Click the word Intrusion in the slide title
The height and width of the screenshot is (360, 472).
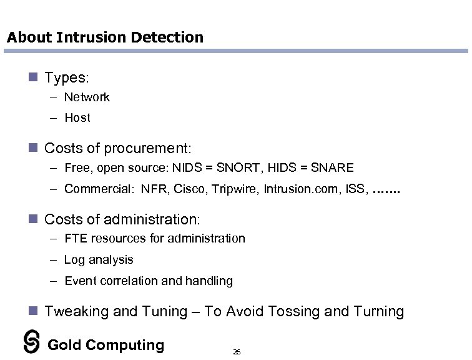pyautogui.click(x=91, y=37)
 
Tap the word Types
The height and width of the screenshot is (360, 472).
pyautogui.click(x=66, y=78)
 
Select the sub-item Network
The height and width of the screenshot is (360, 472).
pyautogui.click(x=87, y=97)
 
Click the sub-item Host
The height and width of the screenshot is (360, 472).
pyautogui.click(x=77, y=117)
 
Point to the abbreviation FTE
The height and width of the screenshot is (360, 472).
pyautogui.click(x=76, y=238)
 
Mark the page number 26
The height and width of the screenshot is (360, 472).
pyautogui.click(x=237, y=352)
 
